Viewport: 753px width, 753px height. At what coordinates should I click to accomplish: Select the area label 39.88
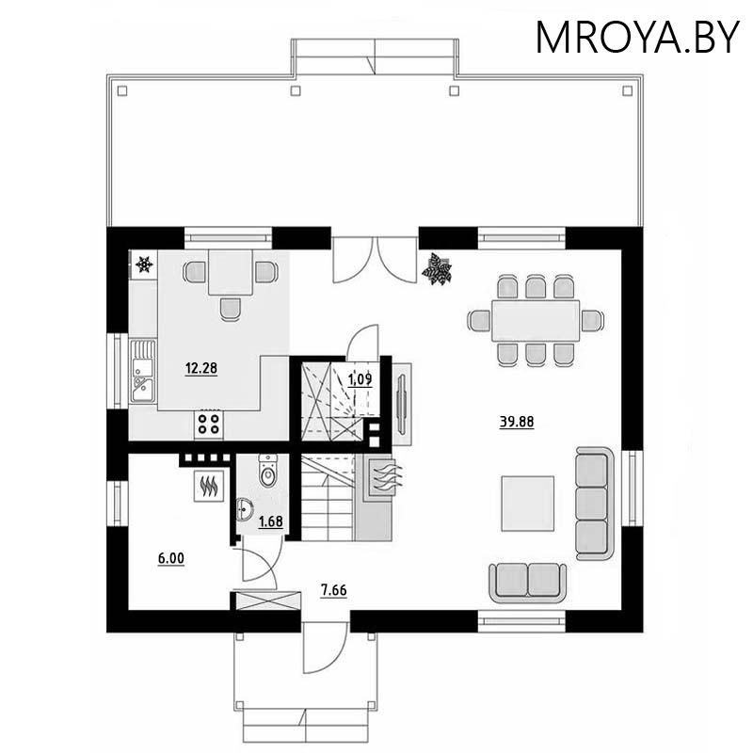point(516,422)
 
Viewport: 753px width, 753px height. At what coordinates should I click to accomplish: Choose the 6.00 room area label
point(170,558)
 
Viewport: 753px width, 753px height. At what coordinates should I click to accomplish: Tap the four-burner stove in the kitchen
point(208,425)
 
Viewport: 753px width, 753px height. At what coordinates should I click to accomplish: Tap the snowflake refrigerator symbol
point(144,264)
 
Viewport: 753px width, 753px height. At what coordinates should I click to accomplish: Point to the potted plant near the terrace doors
point(437,269)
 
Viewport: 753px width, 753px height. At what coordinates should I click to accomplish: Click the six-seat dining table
point(534,320)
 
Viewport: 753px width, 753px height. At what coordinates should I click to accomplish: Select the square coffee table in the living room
point(526,504)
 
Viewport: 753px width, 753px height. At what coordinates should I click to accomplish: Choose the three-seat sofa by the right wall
point(593,504)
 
